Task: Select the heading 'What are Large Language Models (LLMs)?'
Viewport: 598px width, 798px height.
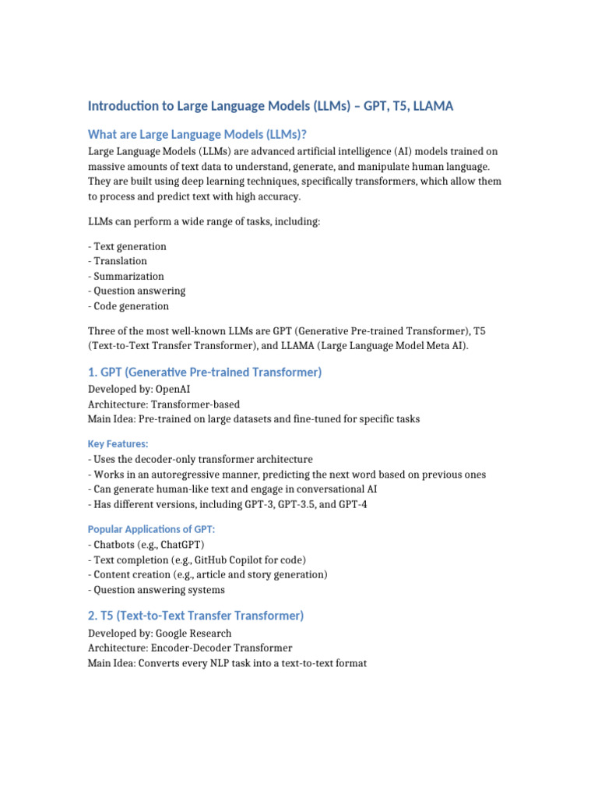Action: [203, 134]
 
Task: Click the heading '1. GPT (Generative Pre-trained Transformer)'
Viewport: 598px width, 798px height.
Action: [205, 373]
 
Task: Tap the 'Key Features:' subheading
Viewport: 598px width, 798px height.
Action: [118, 443]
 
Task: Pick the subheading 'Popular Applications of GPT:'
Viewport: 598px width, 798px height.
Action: [151, 528]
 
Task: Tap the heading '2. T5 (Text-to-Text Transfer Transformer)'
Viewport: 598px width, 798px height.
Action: [195, 616]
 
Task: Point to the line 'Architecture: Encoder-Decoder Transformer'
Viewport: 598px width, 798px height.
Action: [190, 648]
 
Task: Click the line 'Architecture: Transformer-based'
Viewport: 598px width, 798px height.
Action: [164, 404]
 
